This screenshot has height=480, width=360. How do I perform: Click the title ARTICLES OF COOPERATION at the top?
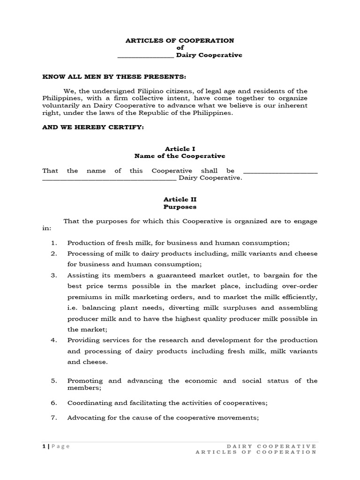[180, 41]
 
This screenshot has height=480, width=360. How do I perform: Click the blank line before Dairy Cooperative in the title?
[145, 56]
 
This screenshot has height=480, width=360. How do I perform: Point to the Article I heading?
[180, 149]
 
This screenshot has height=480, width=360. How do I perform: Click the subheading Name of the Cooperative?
[180, 156]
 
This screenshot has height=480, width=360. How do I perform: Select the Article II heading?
[180, 199]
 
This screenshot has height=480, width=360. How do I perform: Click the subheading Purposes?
[180, 207]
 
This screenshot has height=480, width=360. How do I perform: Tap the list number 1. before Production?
[54, 243]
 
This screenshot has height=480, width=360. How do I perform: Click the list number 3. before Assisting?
[54, 275]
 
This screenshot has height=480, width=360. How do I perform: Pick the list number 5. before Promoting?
[54, 381]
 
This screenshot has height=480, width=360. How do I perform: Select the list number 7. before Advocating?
[54, 417]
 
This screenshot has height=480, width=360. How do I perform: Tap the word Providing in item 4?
[82, 340]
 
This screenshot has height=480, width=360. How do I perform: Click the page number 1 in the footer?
[44, 446]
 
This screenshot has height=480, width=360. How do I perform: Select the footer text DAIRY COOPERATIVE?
[271, 446]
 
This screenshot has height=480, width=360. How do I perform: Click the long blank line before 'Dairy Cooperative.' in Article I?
[109, 179]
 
